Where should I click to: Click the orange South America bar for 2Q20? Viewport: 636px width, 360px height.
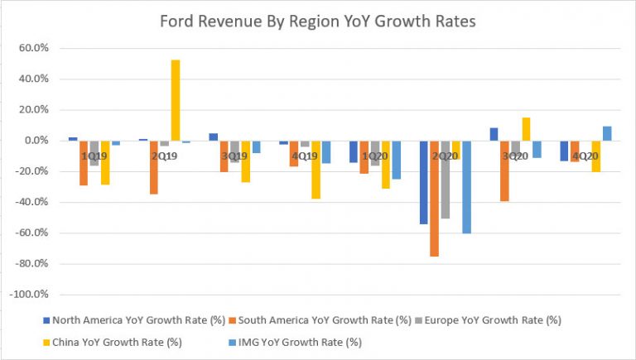pyautogui.click(x=434, y=199)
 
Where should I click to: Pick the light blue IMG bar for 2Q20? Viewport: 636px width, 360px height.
pyautogui.click(x=466, y=187)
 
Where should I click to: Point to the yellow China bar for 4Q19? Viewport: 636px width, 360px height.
pyautogui.click(x=316, y=170)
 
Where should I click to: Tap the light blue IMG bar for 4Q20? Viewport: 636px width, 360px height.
pyautogui.click(x=607, y=133)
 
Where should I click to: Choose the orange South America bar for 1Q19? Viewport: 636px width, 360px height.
pyautogui.click(x=84, y=163)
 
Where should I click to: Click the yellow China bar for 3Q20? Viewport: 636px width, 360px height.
pyautogui.click(x=526, y=129)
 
